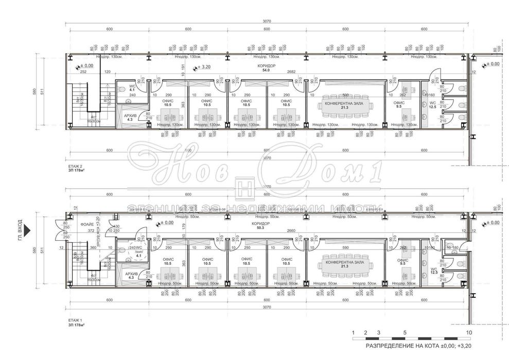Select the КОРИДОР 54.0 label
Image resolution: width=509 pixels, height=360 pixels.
click(267, 69)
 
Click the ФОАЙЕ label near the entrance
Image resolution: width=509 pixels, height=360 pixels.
click(87, 225)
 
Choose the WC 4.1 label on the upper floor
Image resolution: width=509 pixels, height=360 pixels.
click(132, 88)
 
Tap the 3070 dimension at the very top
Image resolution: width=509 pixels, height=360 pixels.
click(267, 21)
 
